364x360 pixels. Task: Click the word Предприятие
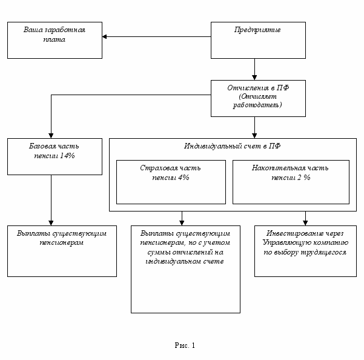(x=257, y=30)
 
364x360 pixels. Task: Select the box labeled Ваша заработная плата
(x=55, y=40)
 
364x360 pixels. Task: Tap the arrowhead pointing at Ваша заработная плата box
(x=104, y=37)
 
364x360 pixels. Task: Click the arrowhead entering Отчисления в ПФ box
(x=254, y=78)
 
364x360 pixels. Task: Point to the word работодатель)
(x=257, y=105)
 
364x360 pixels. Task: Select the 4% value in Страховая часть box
(x=184, y=178)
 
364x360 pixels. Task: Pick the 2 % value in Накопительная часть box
(x=303, y=178)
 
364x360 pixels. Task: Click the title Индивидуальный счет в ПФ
(x=233, y=146)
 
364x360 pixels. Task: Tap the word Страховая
(x=155, y=168)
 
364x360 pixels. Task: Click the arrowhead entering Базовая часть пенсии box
(x=51, y=136)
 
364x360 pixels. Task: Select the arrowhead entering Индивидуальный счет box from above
(x=254, y=136)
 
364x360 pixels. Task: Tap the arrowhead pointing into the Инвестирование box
(x=305, y=223)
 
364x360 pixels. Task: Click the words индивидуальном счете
(x=185, y=262)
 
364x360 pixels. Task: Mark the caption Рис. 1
(x=185, y=345)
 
